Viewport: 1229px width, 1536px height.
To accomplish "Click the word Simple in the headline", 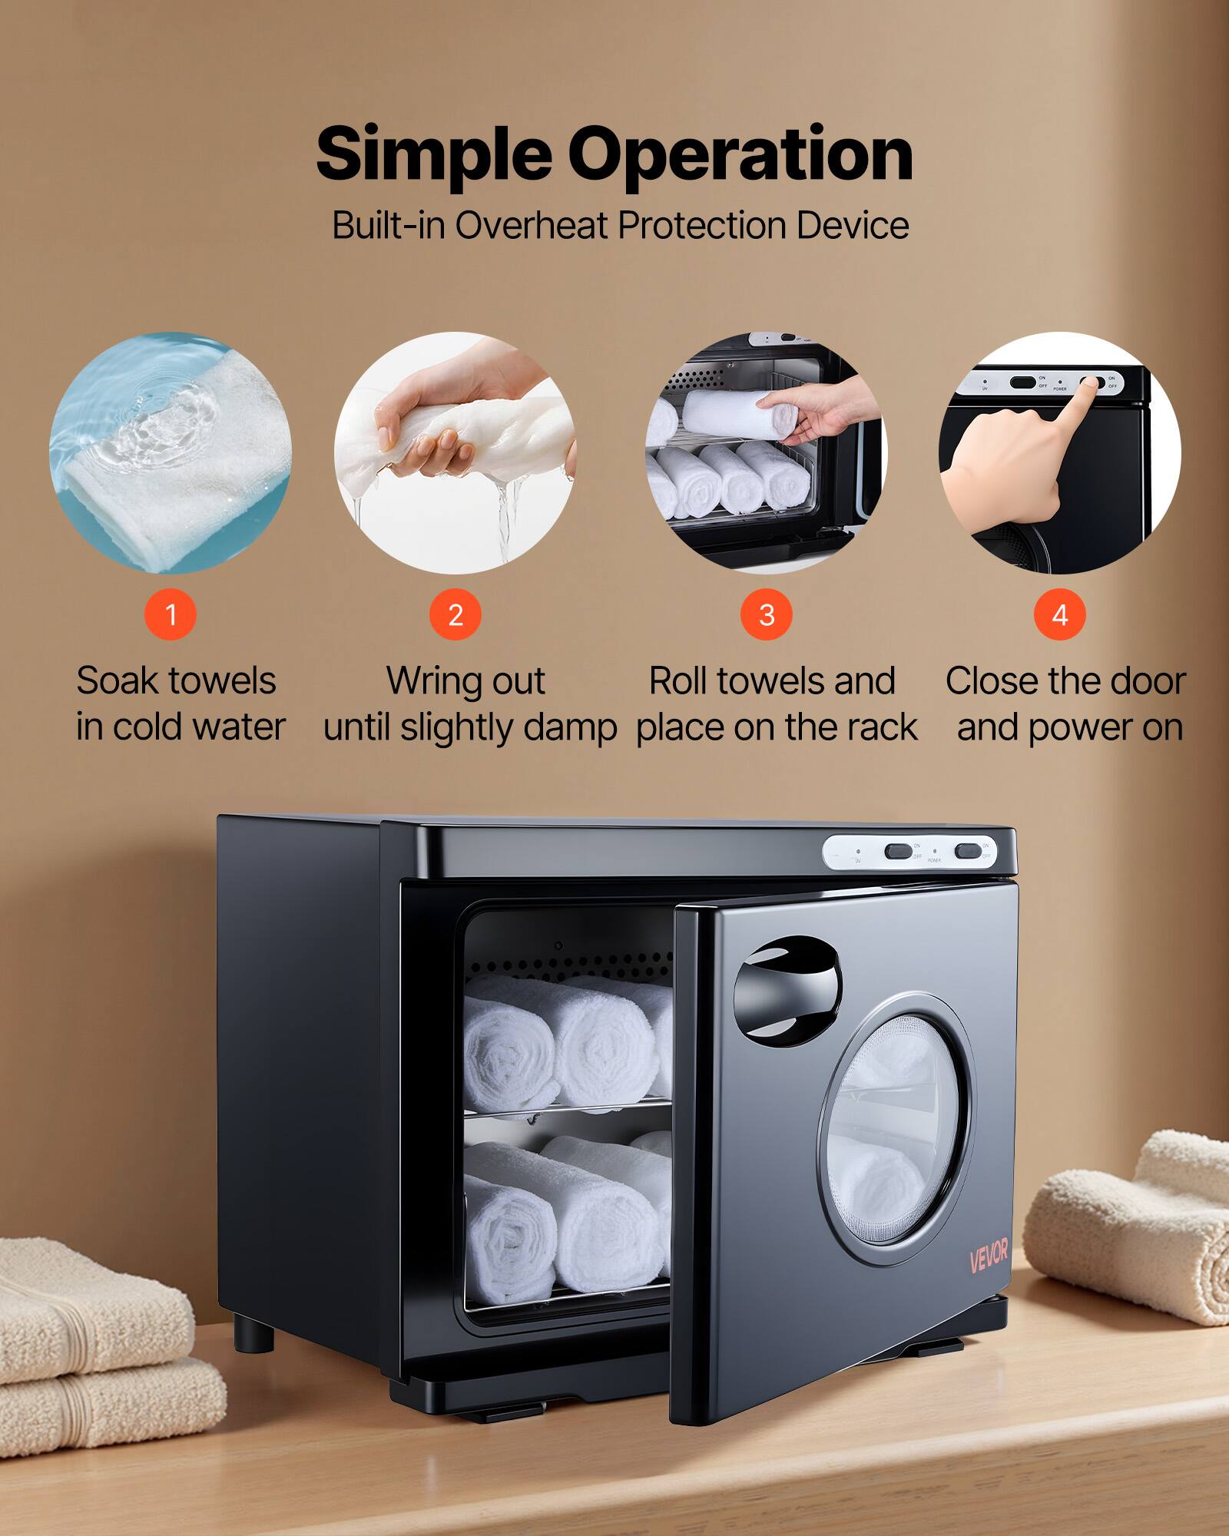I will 433,155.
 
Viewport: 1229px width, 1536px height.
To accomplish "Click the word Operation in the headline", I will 740,155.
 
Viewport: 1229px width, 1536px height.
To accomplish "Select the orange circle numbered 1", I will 171,614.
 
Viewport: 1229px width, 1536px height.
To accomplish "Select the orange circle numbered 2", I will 455,614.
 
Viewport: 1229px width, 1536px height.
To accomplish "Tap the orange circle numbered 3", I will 766,614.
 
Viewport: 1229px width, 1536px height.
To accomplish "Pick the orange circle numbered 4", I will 1059,614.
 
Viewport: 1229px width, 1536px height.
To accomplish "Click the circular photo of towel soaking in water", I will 171,453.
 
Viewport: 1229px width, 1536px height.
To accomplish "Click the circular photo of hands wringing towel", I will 455,453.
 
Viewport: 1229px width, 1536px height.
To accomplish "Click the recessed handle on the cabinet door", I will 787,989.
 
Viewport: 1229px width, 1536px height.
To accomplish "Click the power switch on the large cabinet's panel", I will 966,851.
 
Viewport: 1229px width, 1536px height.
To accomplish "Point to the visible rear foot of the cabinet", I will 254,1335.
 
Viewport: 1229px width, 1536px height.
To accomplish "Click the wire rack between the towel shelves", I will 568,1110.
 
